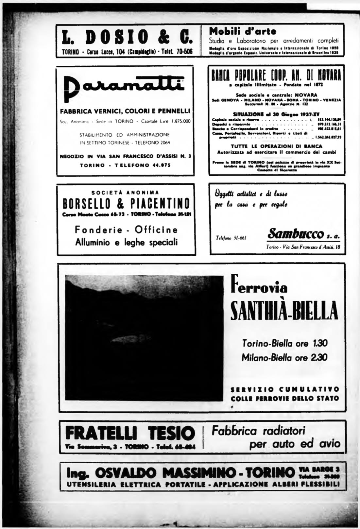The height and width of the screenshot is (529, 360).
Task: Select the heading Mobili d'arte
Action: click(x=242, y=31)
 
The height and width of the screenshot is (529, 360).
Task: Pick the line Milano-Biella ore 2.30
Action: click(x=284, y=357)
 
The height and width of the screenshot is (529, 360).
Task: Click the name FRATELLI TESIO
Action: click(x=130, y=433)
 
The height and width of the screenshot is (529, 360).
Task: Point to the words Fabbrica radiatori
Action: click(x=258, y=431)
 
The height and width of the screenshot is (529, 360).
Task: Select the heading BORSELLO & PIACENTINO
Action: click(x=126, y=204)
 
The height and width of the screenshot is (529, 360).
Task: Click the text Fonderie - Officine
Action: click(x=126, y=230)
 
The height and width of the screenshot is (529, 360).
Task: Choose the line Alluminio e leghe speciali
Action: click(x=126, y=242)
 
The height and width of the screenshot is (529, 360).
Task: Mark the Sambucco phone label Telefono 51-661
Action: click(x=231, y=238)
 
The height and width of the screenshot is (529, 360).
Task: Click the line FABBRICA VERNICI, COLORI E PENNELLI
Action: click(x=125, y=111)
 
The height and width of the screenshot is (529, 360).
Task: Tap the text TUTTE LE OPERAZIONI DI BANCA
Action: click(x=276, y=146)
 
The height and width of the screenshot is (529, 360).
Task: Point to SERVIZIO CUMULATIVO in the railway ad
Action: click(x=285, y=389)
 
